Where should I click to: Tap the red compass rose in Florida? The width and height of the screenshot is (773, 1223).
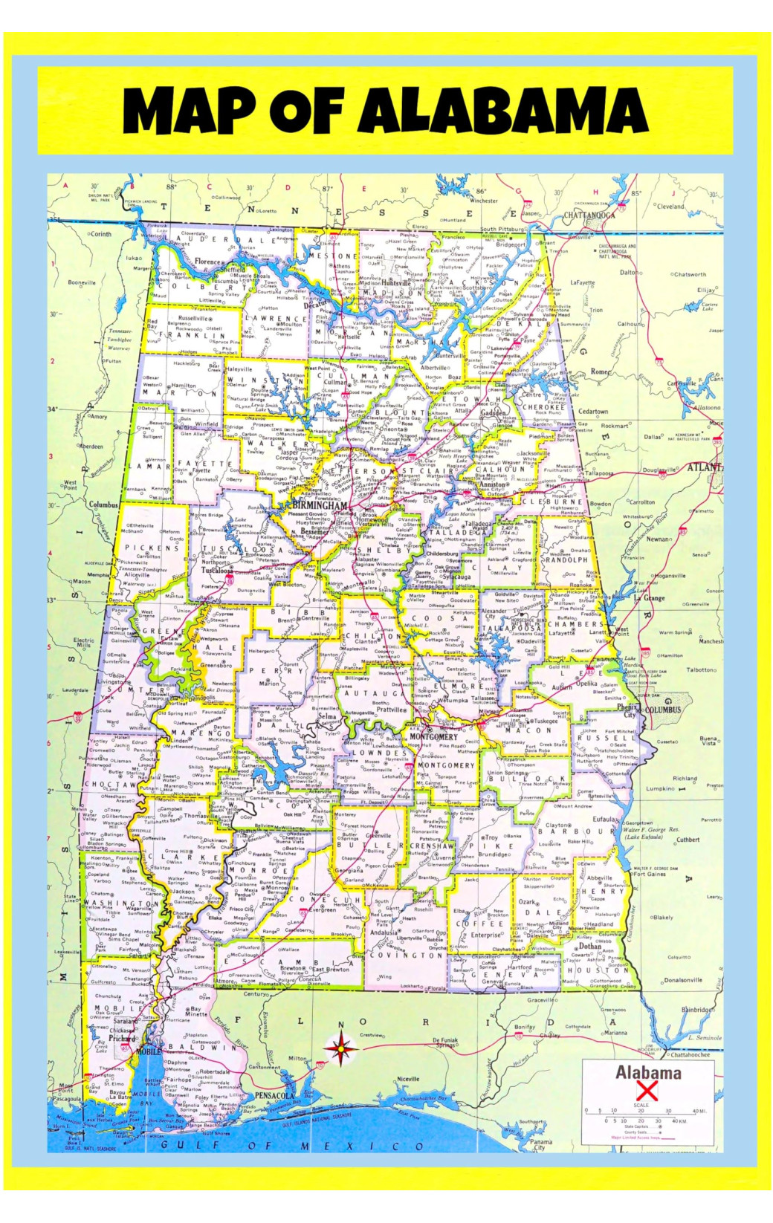[x=340, y=1049]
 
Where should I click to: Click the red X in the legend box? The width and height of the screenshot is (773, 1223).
[x=647, y=1091]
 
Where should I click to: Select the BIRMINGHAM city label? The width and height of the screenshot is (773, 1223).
[x=320, y=505]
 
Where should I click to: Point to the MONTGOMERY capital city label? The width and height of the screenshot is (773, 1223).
[x=434, y=736]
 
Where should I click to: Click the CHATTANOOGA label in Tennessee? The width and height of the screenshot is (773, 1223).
[x=589, y=215]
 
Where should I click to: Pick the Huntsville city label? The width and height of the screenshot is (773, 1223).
[x=397, y=283]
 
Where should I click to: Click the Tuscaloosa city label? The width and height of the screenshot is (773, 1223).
[x=217, y=571]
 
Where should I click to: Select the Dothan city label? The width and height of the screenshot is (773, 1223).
[x=590, y=946]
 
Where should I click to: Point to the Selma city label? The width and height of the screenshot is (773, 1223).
[x=327, y=717]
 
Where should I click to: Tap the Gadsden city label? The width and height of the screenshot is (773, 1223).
[x=494, y=413]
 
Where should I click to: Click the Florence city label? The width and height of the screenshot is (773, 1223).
[x=208, y=262]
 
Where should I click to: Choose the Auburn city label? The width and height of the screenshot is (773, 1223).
[x=562, y=687]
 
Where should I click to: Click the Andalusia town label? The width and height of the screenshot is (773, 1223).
[x=384, y=932]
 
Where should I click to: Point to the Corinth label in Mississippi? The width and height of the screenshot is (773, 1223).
[x=100, y=233]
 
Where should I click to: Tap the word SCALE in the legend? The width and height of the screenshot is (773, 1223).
[x=641, y=1105]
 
